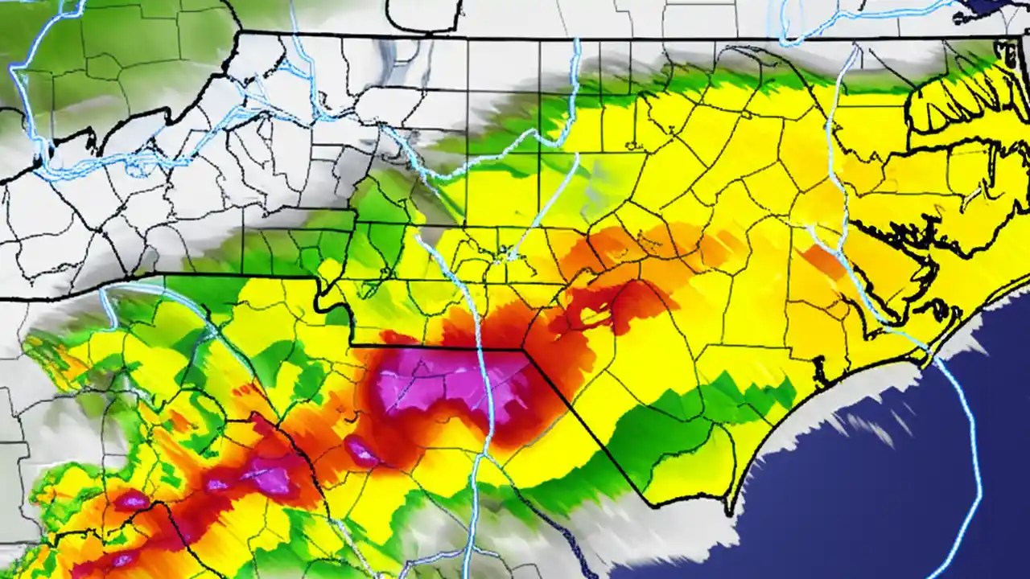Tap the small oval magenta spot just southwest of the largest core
tap(362, 452)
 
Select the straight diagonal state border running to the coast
tap(587, 426)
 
